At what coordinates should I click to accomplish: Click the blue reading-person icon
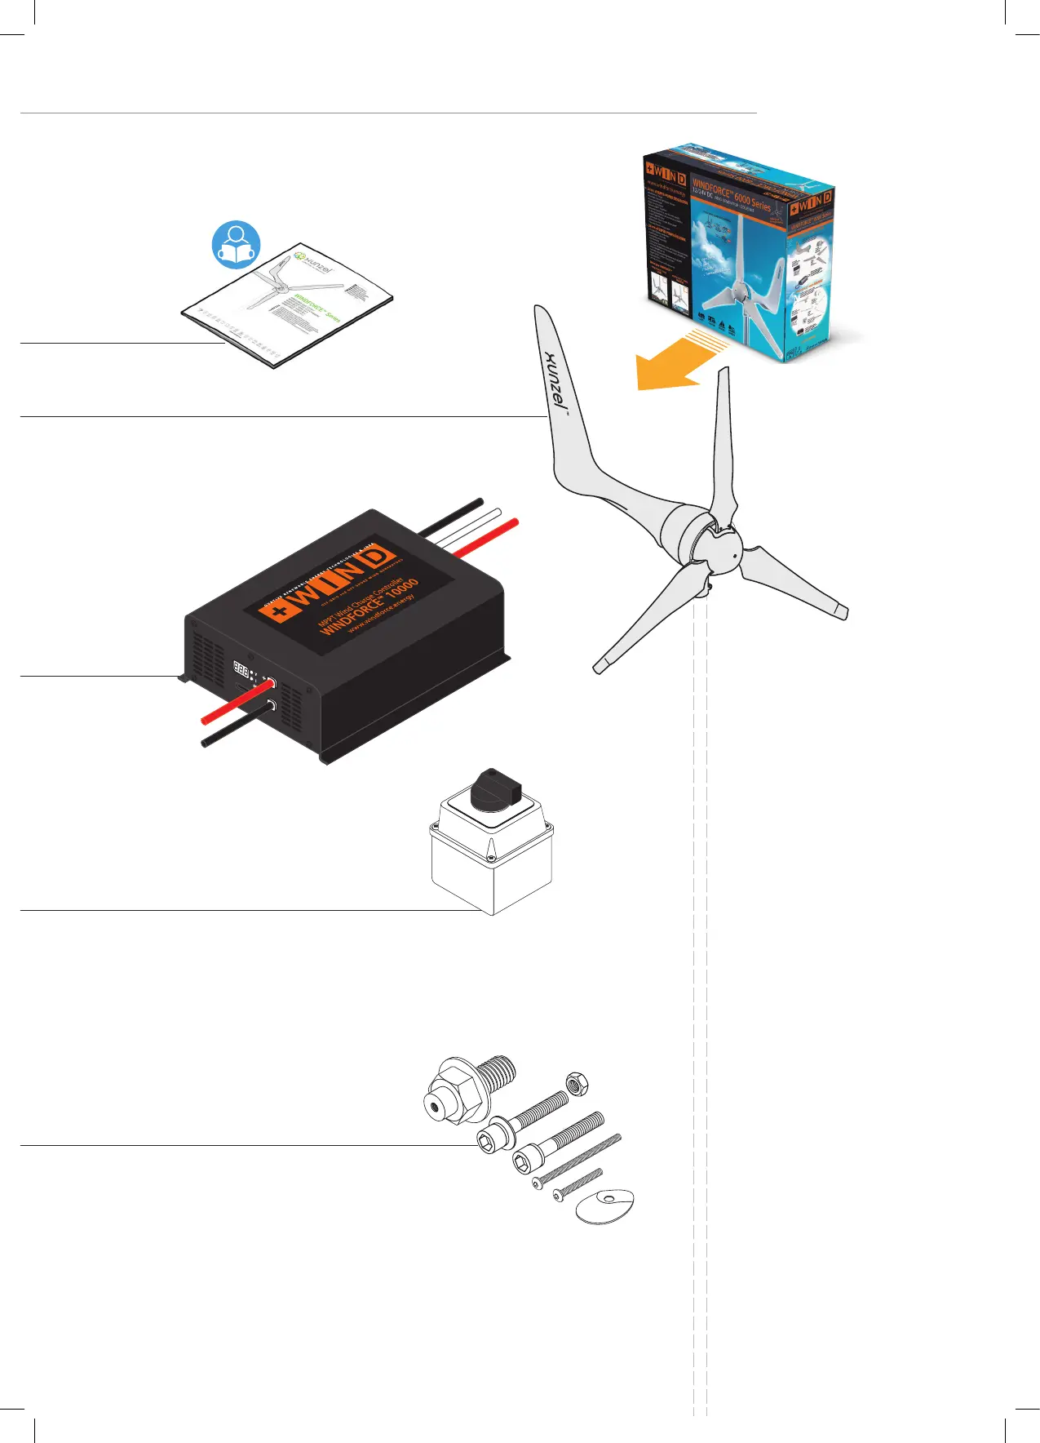(x=237, y=244)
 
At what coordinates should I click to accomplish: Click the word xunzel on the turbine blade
(x=556, y=379)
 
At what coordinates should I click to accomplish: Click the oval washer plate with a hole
(x=605, y=1205)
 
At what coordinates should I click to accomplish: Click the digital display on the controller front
(x=241, y=668)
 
